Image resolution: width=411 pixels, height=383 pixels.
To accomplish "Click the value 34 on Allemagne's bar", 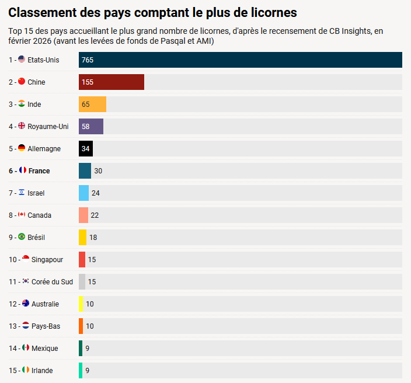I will coord(86,149).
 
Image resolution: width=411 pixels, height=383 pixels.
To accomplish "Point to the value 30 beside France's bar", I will coord(98,171).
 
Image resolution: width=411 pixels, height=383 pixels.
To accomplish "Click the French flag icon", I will coord(23,170).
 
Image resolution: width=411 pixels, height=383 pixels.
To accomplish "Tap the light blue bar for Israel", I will coord(83,193).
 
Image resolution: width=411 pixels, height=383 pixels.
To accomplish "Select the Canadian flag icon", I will coord(22,215).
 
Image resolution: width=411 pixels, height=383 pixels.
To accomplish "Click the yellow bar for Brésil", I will coord(82,238).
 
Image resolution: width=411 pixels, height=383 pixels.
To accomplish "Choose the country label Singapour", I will coord(47,260).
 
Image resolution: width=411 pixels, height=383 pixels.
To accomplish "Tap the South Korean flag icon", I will coord(26,281).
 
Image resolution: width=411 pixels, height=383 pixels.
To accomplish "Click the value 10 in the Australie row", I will coord(90,304).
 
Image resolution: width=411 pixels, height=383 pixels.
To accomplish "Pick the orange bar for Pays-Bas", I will coord(81,326).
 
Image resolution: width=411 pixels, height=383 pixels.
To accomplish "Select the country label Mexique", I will coord(44,349).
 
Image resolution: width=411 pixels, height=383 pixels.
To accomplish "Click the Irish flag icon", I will coord(25,370).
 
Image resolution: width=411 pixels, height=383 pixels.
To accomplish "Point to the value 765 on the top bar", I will coord(88,60).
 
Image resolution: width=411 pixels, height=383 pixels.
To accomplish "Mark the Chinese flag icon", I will coord(22,82).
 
